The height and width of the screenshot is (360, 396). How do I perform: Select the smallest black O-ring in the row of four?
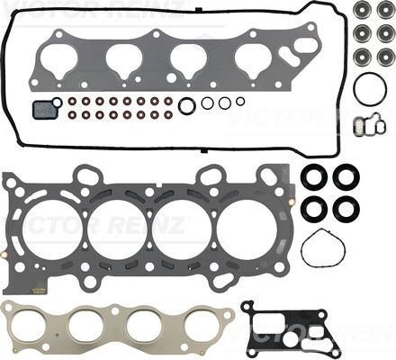click(x=240, y=102)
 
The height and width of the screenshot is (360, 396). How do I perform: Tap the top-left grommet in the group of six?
click(x=362, y=9)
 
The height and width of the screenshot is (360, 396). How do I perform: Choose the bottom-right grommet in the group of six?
click(x=386, y=57)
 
